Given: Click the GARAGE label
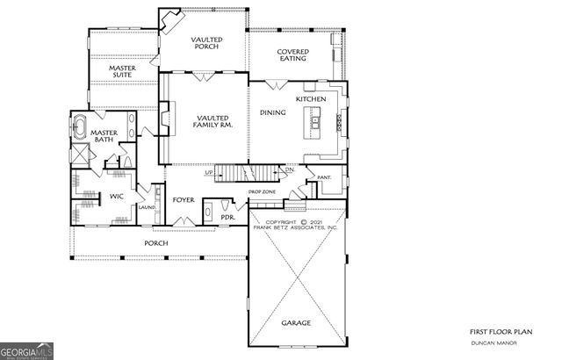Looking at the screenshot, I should (x=295, y=323).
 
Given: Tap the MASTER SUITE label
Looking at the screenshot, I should (x=127, y=73).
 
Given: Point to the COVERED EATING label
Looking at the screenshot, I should (x=292, y=56).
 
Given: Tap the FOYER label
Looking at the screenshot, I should (x=183, y=200).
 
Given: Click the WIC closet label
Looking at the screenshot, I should (x=115, y=196).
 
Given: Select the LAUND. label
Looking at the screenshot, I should (x=148, y=208).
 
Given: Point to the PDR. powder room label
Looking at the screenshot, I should (x=227, y=216).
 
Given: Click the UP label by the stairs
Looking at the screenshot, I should (x=209, y=172).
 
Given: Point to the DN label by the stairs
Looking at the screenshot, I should (x=288, y=169).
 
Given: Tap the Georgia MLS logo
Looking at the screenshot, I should (x=27, y=349).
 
